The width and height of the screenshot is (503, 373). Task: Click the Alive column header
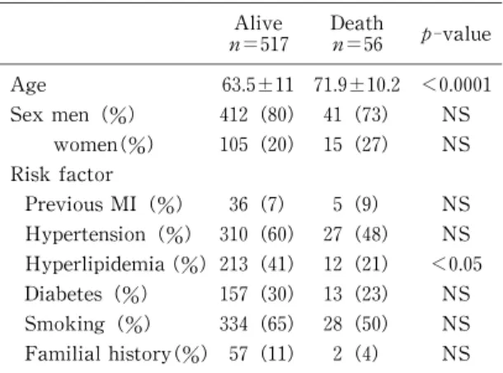pyautogui.click(x=259, y=23)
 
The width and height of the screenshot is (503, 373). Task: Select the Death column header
pyautogui.click(x=357, y=23)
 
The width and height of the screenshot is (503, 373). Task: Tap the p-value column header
pyautogui.click(x=456, y=35)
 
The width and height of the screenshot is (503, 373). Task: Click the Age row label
pyautogui.click(x=28, y=86)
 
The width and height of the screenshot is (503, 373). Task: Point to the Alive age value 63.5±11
pyautogui.click(x=257, y=85)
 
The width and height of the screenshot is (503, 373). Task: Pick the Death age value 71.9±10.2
pyautogui.click(x=357, y=85)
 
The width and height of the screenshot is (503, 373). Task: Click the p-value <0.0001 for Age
pyautogui.click(x=457, y=85)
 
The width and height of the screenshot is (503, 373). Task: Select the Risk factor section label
pyautogui.click(x=62, y=174)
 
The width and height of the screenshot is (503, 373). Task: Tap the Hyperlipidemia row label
pyautogui.click(x=95, y=264)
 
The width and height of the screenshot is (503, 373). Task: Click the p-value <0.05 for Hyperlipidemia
pyautogui.click(x=457, y=264)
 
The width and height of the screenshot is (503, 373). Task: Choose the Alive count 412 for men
pyautogui.click(x=233, y=115)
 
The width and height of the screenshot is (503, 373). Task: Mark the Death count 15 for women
pyautogui.click(x=332, y=144)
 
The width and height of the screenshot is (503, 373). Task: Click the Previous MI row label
pyautogui.click(x=81, y=204)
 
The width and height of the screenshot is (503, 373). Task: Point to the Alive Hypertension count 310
pyautogui.click(x=233, y=234)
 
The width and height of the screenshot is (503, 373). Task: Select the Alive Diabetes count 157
pyautogui.click(x=233, y=294)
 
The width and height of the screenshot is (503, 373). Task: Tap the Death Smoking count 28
pyautogui.click(x=332, y=323)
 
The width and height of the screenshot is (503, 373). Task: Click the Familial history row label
pyautogui.click(x=97, y=354)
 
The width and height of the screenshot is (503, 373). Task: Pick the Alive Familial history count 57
pyautogui.click(x=238, y=353)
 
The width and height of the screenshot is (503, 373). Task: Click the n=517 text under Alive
pyautogui.click(x=259, y=45)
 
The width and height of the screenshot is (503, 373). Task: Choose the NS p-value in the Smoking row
pyautogui.click(x=456, y=323)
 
